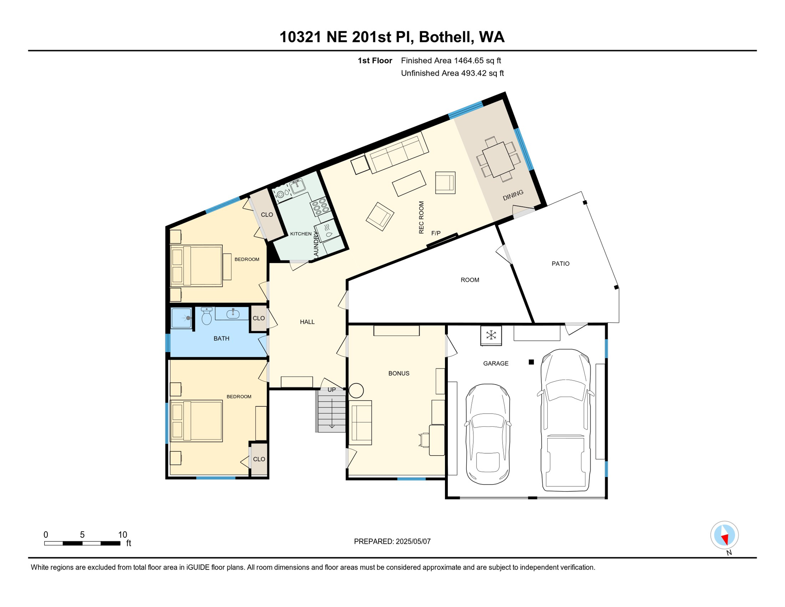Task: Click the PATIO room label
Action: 560,264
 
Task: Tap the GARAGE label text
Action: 496,364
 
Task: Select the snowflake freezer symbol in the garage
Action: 491,336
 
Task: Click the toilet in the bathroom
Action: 207,316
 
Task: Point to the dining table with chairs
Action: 498,159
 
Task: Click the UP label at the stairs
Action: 332,390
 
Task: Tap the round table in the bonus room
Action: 356,391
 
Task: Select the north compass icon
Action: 725,535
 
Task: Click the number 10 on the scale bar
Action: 122,535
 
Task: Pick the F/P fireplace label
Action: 436,233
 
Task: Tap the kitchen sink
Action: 297,185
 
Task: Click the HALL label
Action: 307,322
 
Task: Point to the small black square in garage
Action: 531,362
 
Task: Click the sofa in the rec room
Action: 397,153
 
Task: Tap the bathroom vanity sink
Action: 233,314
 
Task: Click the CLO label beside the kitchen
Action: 267,215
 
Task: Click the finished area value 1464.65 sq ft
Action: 477,60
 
